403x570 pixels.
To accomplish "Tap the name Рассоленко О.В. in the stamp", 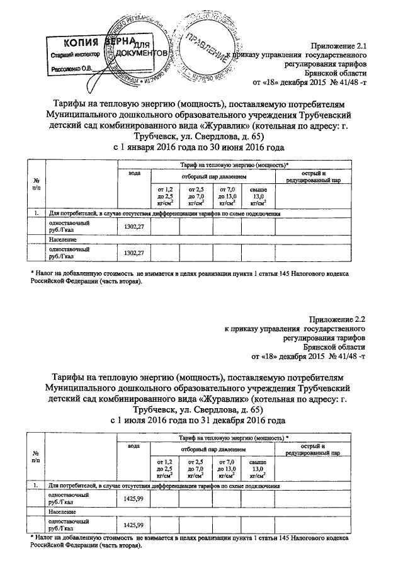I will pyautogui.click(x=71, y=68).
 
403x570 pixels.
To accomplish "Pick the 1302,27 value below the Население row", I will pyautogui.click(x=133, y=253).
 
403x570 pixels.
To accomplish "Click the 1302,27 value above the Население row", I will pyautogui.click(x=133, y=227).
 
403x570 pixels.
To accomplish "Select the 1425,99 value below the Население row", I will pyautogui.click(x=133, y=525).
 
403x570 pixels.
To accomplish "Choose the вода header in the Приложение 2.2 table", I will pyautogui.click(x=133, y=445).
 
